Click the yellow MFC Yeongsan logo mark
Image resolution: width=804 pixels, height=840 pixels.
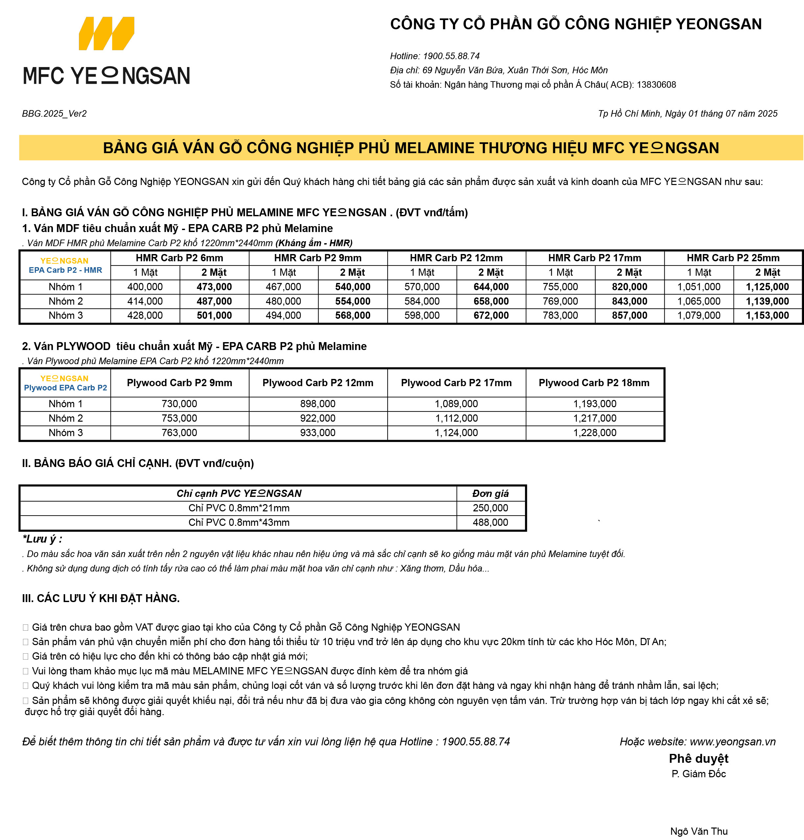click(x=106, y=34)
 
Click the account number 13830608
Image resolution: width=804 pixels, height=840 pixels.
click(x=656, y=84)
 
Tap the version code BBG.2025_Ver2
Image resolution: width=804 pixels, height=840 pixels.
click(x=55, y=114)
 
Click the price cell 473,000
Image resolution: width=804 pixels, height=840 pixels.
click(x=214, y=287)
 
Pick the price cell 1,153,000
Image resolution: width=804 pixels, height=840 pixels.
click(x=767, y=315)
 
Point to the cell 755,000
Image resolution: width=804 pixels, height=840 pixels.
click(x=560, y=287)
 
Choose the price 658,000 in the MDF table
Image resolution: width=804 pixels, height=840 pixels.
click(x=491, y=301)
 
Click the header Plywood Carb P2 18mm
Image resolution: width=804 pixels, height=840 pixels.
click(x=594, y=383)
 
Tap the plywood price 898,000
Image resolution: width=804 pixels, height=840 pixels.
click(x=318, y=404)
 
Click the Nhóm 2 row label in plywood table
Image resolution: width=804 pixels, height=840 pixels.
click(x=65, y=418)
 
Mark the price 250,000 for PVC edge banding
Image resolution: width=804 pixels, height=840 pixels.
click(x=490, y=508)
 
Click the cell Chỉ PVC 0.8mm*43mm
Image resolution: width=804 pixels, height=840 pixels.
click(x=239, y=523)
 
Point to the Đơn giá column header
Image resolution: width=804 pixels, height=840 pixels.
click(x=490, y=493)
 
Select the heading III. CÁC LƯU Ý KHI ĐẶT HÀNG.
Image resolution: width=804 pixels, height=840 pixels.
click(x=101, y=598)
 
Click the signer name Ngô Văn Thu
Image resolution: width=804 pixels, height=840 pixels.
click(x=698, y=831)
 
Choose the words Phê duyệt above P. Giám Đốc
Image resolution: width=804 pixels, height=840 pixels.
click(x=698, y=758)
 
